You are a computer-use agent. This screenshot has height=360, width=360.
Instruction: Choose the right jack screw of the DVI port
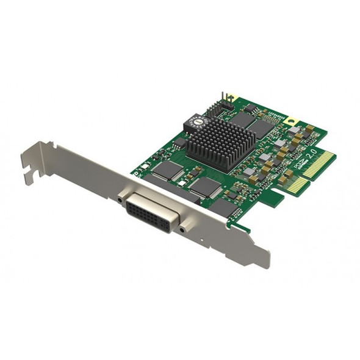(182, 230)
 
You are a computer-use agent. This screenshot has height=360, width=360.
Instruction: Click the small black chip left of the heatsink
(180, 142)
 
